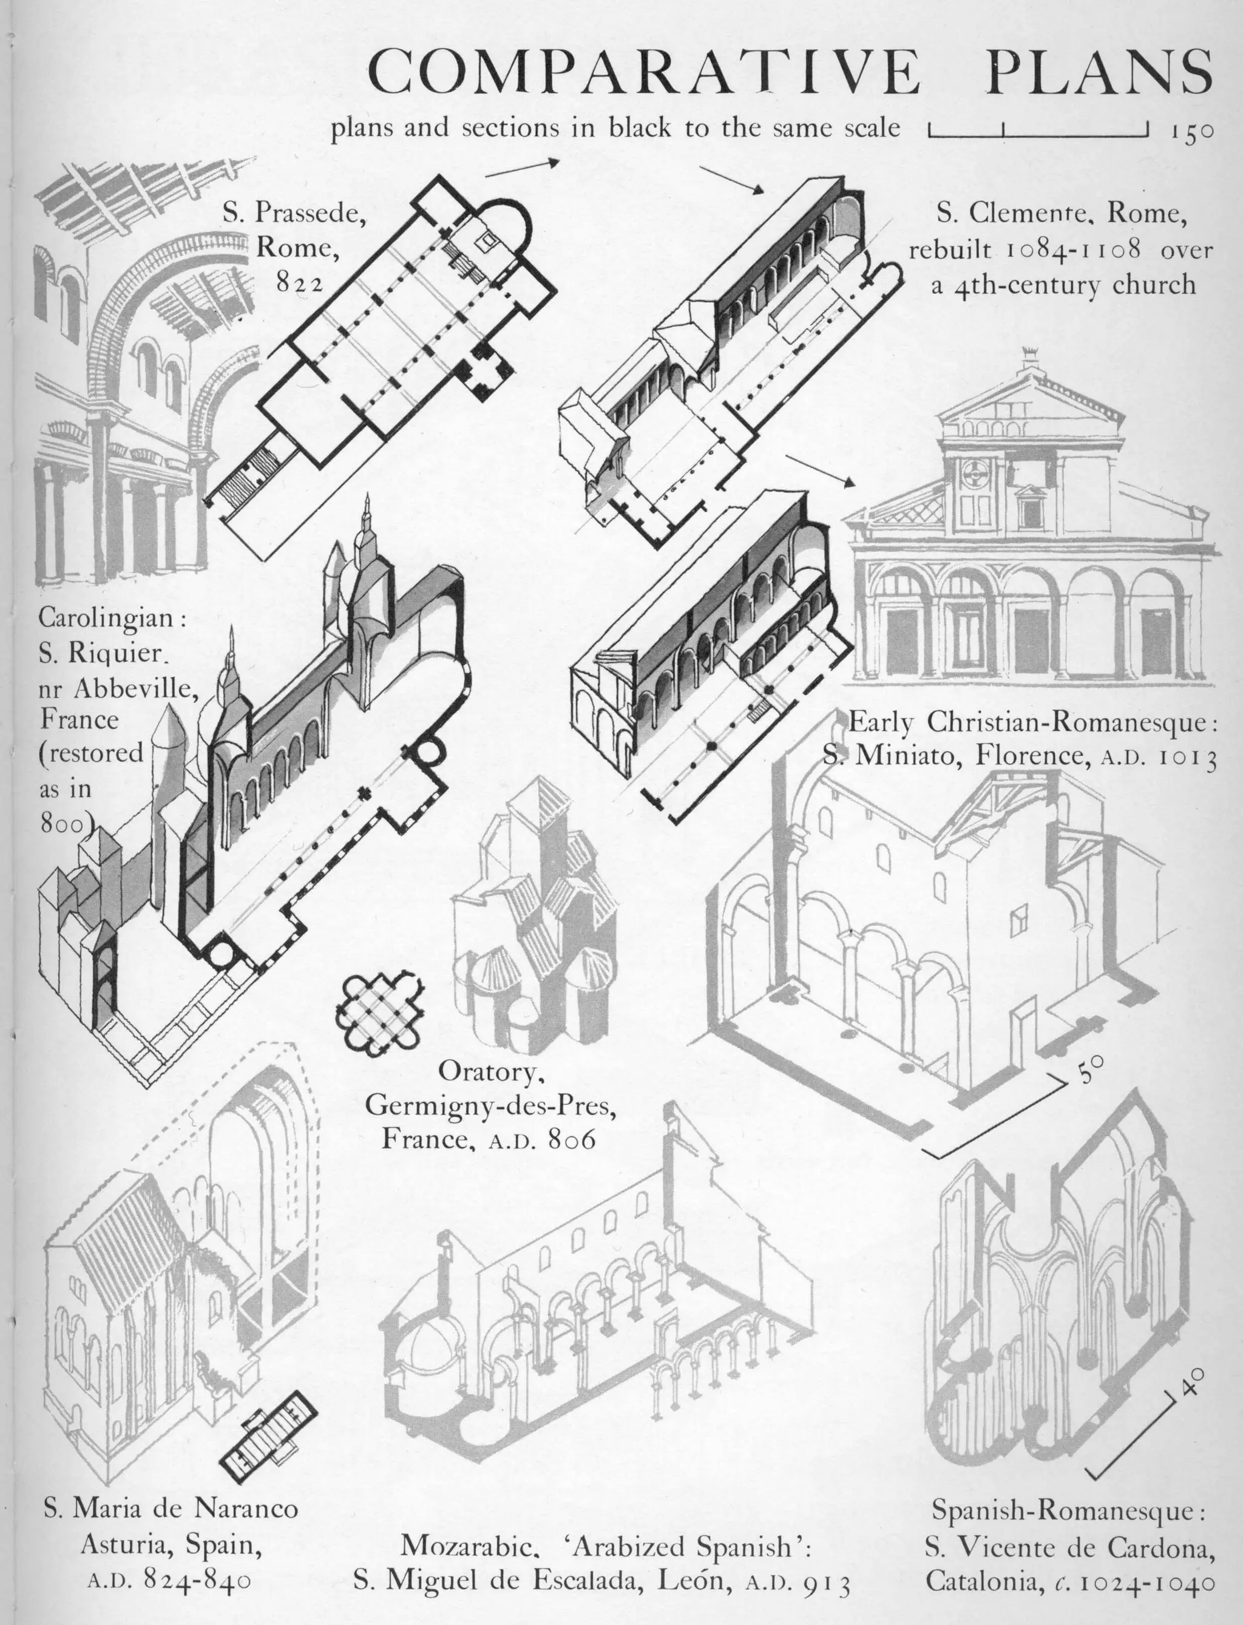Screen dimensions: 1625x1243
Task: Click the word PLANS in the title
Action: (x=1101, y=72)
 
